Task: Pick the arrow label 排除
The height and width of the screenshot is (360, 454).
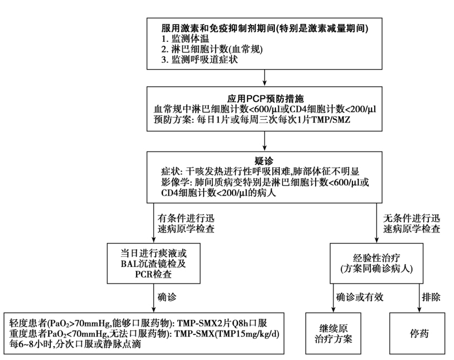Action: tap(430, 298)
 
